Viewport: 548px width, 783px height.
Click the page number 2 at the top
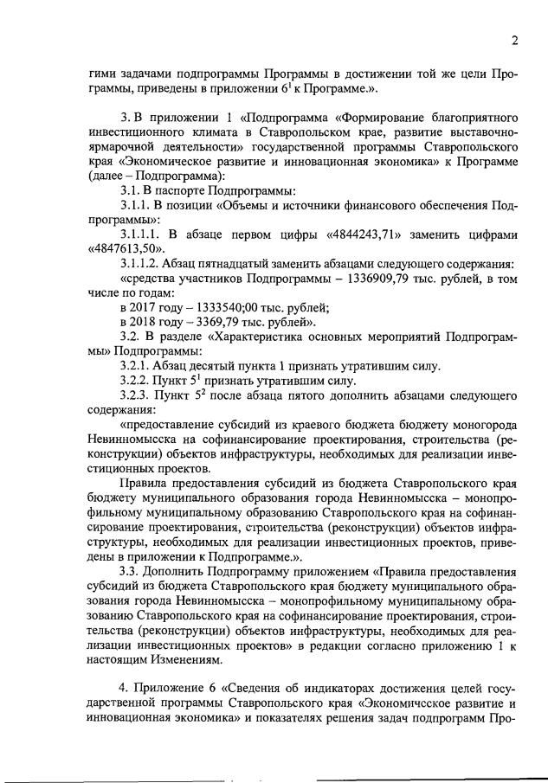point(514,41)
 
